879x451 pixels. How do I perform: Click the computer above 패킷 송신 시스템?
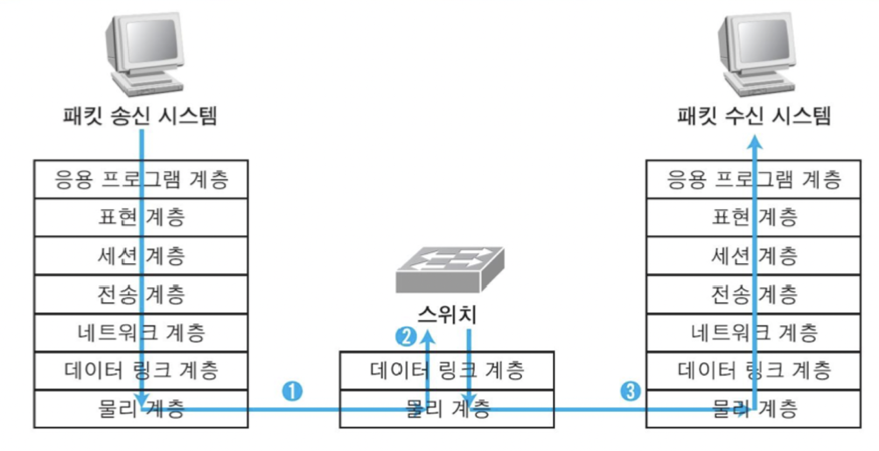point(144,54)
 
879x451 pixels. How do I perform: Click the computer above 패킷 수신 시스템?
point(756,54)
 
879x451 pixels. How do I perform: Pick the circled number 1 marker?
point(292,391)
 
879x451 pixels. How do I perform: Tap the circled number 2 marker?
point(406,337)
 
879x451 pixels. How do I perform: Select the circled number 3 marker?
point(631,391)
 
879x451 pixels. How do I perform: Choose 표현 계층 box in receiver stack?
point(700,217)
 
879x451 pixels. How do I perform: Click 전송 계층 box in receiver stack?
point(700,294)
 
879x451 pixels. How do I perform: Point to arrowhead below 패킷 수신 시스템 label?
point(756,141)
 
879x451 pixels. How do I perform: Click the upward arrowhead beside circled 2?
point(428,337)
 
